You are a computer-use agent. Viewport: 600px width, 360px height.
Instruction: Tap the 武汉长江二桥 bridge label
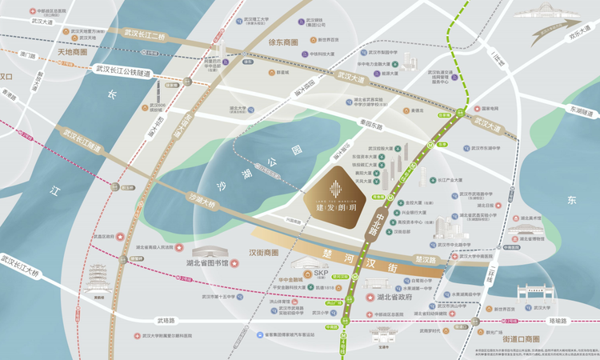[143, 36]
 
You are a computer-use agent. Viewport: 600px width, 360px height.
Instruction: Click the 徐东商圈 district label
[282, 42]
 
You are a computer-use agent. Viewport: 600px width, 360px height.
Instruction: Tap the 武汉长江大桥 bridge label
[20, 266]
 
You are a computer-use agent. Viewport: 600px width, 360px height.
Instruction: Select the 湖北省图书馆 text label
[208, 262]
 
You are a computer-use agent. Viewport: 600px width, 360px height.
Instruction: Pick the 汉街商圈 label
[263, 253]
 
